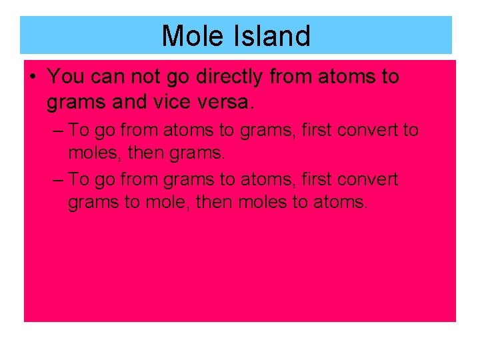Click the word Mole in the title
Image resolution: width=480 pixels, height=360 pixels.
[193, 36]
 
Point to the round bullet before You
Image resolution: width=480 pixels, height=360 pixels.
[33, 77]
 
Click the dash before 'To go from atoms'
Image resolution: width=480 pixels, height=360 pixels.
[58, 130]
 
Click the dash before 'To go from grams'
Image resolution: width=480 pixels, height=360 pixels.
[58, 179]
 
